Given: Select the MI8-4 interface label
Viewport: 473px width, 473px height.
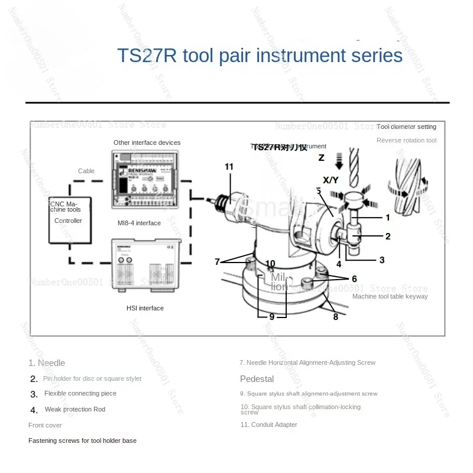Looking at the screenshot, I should pos(139,223).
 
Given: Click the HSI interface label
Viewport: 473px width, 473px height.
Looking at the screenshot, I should pos(145,308).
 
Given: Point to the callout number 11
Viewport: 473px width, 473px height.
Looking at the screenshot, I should pos(229,167).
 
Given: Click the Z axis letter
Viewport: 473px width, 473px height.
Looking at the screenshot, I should pos(322,158).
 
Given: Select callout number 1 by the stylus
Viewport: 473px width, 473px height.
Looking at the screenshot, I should pos(388,218).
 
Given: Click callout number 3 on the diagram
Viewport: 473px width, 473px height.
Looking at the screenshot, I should pos(382,260).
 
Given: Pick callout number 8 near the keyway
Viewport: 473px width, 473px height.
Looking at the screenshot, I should pos(336,317).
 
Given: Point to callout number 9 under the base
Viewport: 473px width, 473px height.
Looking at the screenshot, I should pos(272,317).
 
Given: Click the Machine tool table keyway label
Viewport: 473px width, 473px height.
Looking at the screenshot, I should pos(390,296).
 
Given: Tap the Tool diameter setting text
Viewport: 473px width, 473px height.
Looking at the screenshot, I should pos(406,127).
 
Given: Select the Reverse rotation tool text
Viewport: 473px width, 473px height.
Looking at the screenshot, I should pos(406,140).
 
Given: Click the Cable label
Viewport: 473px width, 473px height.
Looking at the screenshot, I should pos(86,171).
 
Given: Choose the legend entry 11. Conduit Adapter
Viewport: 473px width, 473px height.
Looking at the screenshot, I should pos(268,425).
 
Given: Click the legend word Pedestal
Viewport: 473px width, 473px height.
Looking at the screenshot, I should pos(257,378).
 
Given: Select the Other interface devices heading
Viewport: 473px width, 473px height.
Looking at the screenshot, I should pos(147,142).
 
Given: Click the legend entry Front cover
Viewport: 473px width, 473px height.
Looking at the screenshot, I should pos(45,425).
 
